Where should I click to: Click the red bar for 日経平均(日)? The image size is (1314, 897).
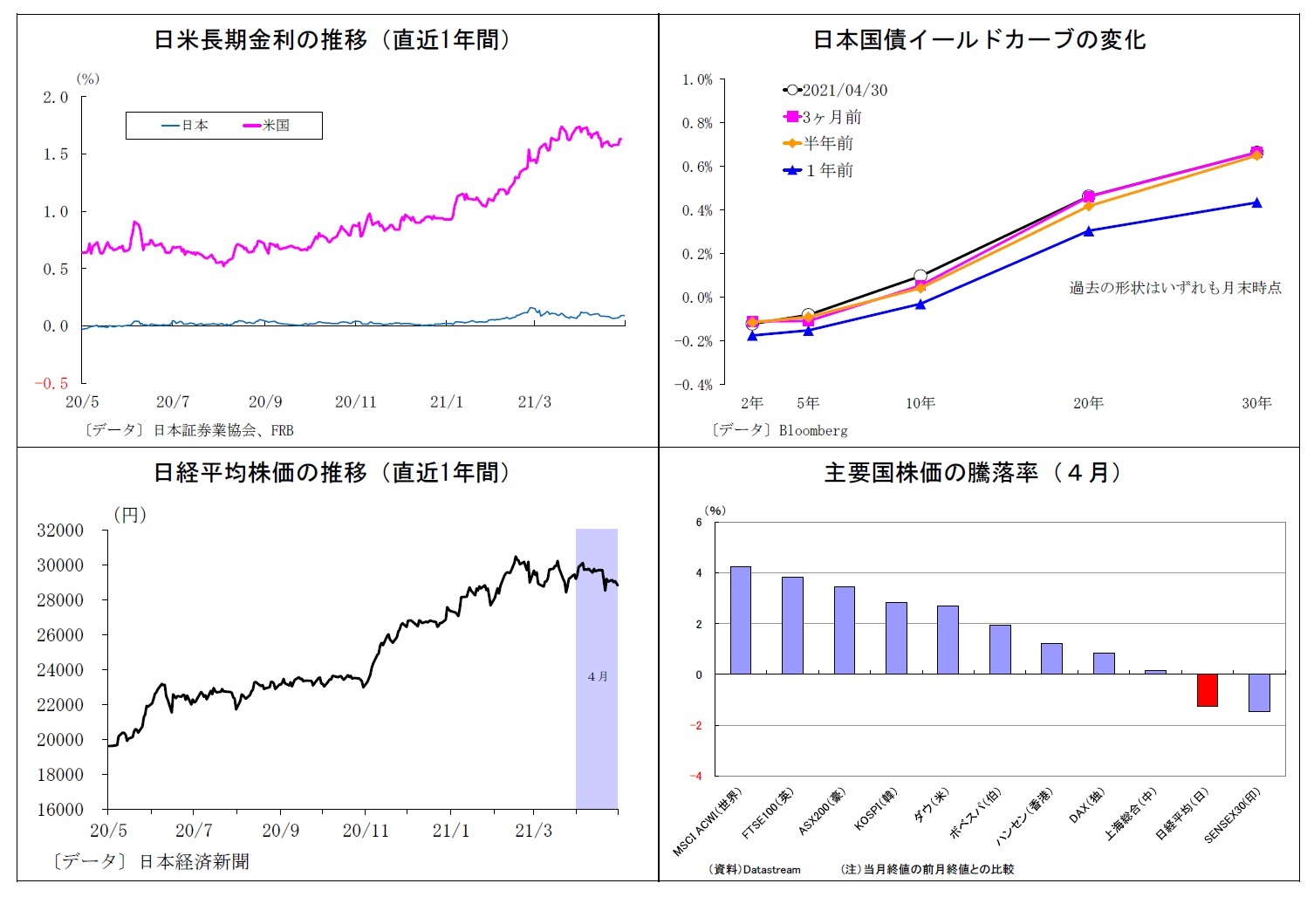point(1207,690)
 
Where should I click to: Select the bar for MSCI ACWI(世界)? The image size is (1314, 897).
point(740,620)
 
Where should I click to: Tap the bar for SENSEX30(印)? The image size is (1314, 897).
point(1258,693)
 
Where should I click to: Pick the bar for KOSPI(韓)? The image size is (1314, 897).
point(896,638)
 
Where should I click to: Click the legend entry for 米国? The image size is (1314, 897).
point(266,126)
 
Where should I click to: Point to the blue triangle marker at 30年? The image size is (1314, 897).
point(1256,202)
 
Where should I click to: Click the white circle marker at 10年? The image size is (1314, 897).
point(920,276)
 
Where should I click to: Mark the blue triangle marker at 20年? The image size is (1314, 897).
point(1088,230)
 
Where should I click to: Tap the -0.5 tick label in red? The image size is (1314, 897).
point(51,384)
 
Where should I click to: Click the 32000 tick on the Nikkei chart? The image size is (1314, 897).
point(60,531)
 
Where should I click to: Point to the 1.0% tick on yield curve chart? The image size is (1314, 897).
point(697,79)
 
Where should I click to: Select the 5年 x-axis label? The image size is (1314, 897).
point(808,403)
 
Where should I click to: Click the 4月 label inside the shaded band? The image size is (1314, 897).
point(598,676)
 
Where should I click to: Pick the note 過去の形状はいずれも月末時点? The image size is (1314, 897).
point(1175,288)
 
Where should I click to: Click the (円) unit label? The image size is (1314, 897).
point(130,515)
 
